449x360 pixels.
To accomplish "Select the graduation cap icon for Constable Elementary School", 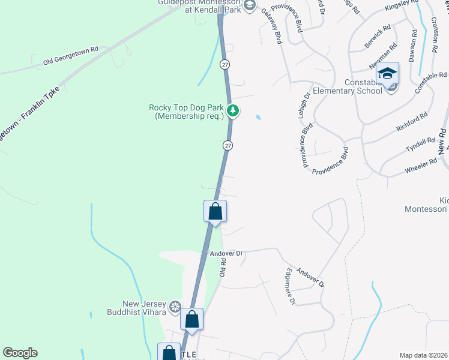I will pyautogui.click(x=388, y=74).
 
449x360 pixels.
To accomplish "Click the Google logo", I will pyautogui.click(x=20, y=353).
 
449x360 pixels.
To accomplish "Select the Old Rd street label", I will pyautogui.click(x=222, y=266).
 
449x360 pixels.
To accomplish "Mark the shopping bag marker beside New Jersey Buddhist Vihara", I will pyautogui.click(x=192, y=320).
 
